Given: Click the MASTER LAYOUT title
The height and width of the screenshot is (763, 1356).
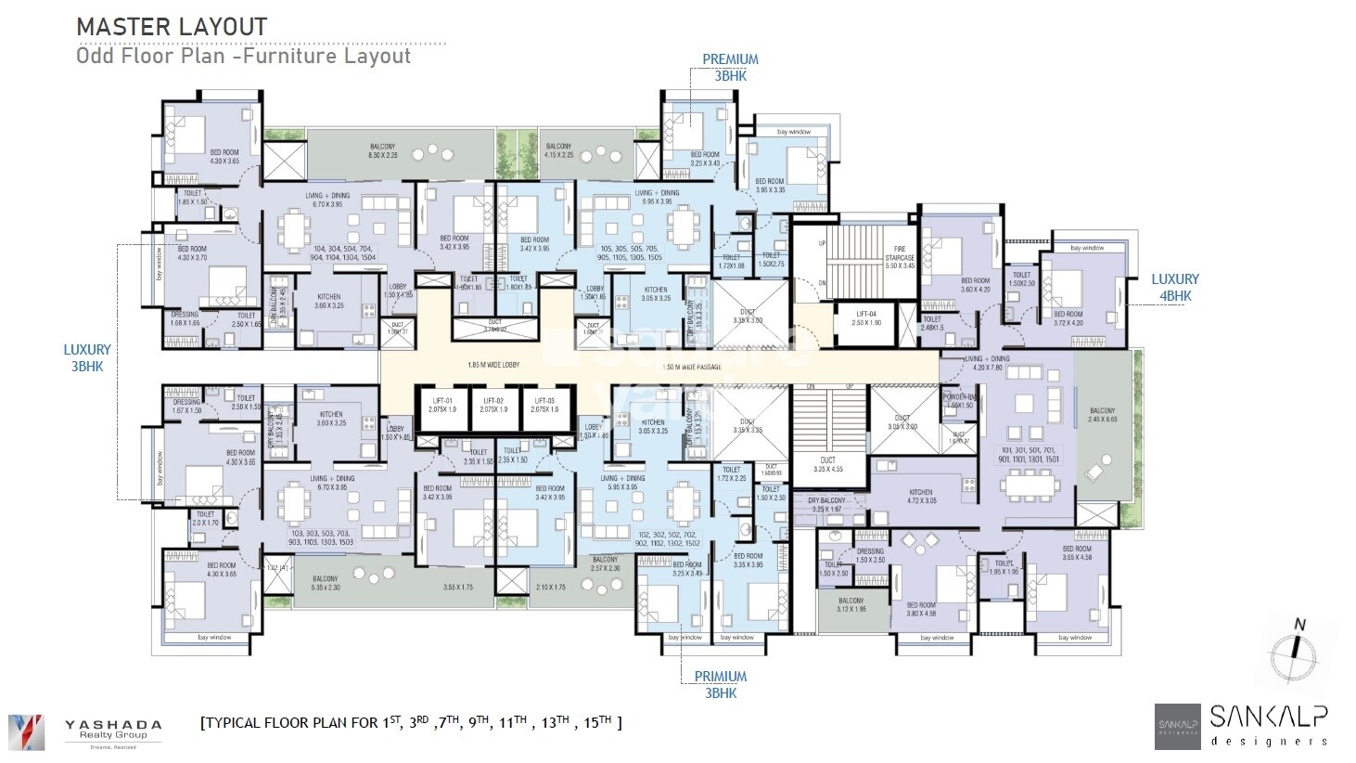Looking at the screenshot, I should pos(172,27).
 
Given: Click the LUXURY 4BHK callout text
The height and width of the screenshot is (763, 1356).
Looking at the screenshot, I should pos(1175,287).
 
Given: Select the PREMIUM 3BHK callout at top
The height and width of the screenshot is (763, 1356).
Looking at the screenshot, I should pos(730,67).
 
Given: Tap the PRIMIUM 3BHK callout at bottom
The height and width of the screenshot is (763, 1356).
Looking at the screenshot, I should pos(721,684).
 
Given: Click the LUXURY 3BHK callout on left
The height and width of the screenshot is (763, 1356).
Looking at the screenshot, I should pos(87,357).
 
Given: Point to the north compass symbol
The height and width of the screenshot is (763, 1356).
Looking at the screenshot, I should pos(1299,650).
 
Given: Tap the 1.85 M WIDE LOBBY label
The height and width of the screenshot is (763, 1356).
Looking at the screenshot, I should pos(493,366).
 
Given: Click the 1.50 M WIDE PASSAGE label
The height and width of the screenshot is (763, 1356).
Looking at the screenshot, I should pos(692,367).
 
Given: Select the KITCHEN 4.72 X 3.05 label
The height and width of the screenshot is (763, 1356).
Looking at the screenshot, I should pos(920,497).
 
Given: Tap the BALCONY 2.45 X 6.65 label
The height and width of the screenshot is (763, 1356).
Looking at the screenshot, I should pos(1102,415).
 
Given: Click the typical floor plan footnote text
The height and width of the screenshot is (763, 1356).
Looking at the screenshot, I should pos(411,722).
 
